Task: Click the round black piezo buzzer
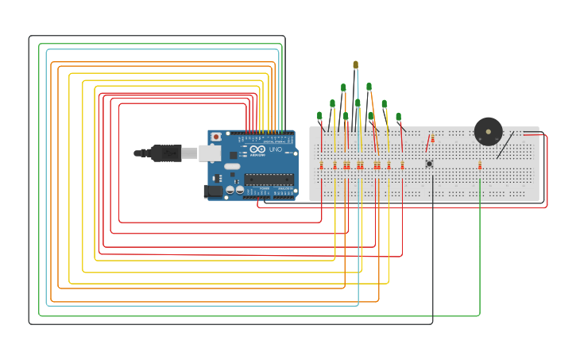click(488, 131)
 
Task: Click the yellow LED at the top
click(355, 65)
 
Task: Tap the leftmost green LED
click(319, 116)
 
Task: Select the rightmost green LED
click(398, 117)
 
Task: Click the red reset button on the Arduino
click(215, 137)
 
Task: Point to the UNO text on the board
click(276, 149)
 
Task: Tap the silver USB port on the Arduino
click(210, 153)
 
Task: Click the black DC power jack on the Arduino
click(213, 191)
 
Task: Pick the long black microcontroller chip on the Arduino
click(269, 179)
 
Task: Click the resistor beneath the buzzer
click(480, 165)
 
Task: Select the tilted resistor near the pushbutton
click(428, 144)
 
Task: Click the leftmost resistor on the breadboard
click(321, 165)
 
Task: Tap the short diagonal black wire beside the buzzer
click(504, 145)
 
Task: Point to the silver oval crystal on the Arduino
click(231, 167)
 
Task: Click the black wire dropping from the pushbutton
click(433, 254)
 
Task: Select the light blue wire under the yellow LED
click(358, 238)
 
